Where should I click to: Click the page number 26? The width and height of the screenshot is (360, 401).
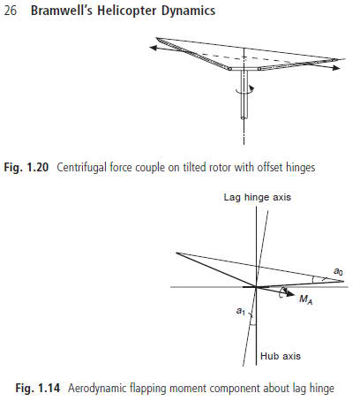coord(11,11)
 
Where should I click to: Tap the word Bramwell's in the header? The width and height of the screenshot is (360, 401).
coord(62,11)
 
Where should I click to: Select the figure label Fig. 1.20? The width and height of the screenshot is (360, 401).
coord(26,167)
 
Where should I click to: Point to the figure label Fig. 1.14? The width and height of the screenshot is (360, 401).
coord(38,388)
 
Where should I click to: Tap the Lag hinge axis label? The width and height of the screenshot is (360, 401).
coord(258,197)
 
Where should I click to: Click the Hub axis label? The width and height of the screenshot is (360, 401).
coord(281,356)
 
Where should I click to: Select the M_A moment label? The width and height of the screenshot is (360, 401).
coord(305,299)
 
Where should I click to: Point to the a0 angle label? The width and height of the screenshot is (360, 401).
coord(338,271)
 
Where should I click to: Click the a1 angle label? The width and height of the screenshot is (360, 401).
coord(241,311)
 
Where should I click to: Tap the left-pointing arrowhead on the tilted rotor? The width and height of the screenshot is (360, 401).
coord(154,47)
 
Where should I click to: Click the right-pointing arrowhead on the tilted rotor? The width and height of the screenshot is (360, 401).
coord(336,68)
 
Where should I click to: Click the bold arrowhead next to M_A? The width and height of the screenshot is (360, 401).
coord(290,293)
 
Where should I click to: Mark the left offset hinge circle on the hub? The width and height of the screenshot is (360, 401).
coord(229,69)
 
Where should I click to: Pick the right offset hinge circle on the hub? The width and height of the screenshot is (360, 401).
coord(259,69)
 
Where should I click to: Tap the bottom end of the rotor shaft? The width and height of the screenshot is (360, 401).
coord(244,117)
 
